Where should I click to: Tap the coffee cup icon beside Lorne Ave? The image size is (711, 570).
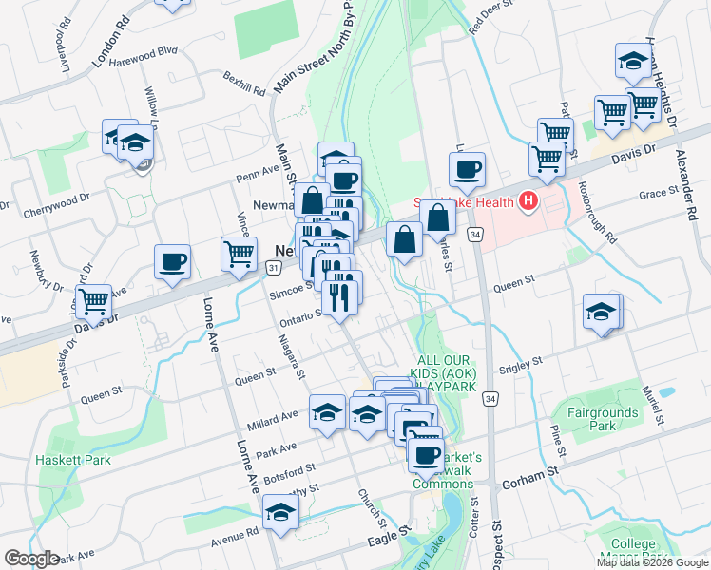point(172,261)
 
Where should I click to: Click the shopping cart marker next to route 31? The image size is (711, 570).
point(239,253)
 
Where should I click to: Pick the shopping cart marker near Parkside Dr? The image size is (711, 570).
point(94,301)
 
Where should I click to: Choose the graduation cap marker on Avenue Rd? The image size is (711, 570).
point(280,513)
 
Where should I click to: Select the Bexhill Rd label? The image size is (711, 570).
point(244,83)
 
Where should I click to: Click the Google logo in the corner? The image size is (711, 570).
point(31,559)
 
